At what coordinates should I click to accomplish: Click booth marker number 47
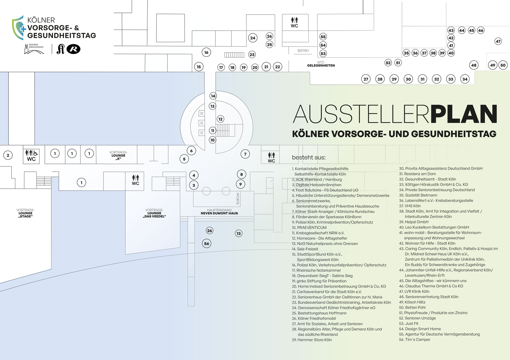click(498, 41)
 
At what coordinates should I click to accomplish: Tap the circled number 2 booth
click(8, 156)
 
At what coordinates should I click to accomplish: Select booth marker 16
click(206, 52)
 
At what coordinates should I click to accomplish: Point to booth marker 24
click(253, 38)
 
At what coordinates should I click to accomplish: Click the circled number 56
click(206, 243)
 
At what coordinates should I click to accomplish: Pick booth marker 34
click(465, 79)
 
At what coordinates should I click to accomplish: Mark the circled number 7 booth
click(245, 154)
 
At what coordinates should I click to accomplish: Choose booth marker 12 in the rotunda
click(221, 119)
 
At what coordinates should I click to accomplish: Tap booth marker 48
click(474, 65)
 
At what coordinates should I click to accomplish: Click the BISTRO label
click(303, 51)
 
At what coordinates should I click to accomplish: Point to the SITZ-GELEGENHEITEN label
click(321, 64)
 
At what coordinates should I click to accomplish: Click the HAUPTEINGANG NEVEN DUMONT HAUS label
click(219, 212)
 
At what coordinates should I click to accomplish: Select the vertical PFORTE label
click(238, 199)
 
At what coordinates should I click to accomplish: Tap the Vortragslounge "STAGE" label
click(26, 213)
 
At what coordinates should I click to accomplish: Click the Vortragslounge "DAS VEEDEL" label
click(154, 213)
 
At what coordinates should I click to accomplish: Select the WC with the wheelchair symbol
click(31, 156)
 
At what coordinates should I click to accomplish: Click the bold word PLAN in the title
click(464, 114)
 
